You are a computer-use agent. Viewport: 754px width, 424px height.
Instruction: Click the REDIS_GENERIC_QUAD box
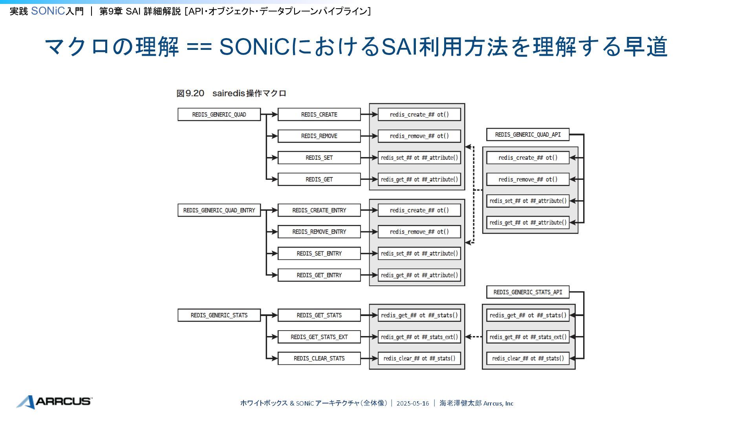[219, 115]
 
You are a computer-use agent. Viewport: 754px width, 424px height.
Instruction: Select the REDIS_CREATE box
[319, 115]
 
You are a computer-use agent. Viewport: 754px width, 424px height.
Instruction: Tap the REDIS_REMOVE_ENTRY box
[319, 232]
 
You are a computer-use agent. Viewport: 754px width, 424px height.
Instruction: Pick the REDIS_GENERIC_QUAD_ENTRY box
[219, 210]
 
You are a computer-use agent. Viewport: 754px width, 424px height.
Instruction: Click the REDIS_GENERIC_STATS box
[219, 315]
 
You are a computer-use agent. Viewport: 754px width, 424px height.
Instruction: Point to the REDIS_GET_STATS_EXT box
[319, 337]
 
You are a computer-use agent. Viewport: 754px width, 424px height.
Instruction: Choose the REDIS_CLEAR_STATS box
[319, 358]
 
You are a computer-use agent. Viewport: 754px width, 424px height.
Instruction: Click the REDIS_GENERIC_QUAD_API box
[528, 135]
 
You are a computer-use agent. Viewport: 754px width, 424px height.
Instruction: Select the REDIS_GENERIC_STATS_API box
[528, 292]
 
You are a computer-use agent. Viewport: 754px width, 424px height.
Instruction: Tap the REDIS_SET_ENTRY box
[319, 254]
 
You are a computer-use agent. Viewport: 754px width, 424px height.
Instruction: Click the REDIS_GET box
[319, 179]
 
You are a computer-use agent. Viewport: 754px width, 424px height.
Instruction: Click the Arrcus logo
[54, 402]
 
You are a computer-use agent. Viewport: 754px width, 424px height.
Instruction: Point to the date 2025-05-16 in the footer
[413, 403]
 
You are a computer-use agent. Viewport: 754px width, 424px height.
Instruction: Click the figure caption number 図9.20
[190, 93]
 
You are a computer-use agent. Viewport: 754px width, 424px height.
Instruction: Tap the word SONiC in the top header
[48, 11]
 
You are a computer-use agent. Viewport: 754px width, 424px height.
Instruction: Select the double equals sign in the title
[199, 47]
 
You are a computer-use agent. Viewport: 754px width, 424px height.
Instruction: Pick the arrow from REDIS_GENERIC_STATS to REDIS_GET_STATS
[269, 315]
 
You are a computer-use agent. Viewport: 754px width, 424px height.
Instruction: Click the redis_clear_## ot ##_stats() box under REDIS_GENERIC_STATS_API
[528, 358]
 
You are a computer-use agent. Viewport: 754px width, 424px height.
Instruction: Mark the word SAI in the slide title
[399, 47]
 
